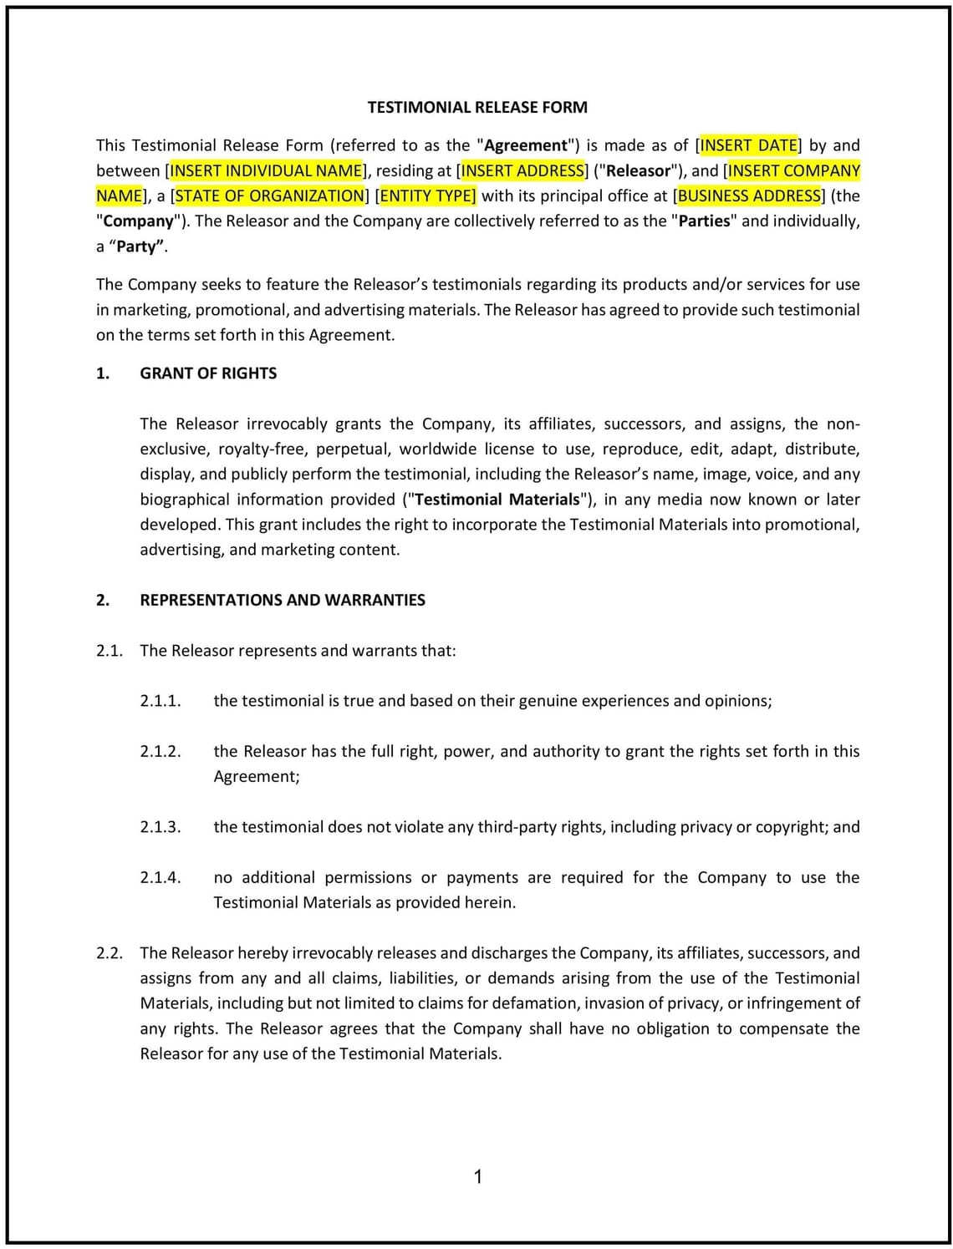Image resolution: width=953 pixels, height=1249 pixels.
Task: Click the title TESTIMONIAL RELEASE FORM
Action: (477, 107)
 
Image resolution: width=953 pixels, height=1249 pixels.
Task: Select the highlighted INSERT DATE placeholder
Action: (748, 145)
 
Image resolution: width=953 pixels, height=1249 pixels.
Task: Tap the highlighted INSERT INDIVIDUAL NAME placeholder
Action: (267, 170)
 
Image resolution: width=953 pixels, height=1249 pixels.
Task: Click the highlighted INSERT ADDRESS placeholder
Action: (522, 170)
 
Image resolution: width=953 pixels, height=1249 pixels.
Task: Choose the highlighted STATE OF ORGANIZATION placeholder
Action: (269, 195)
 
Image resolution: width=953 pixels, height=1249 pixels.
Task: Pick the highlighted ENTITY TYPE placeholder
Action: (427, 195)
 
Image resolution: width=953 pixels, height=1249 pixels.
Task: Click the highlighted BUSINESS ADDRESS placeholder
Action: (749, 195)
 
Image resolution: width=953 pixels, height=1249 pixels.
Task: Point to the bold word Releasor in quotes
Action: (639, 170)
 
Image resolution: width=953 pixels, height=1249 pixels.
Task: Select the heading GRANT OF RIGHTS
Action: (208, 373)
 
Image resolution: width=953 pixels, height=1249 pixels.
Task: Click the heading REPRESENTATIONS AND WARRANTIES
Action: (283, 600)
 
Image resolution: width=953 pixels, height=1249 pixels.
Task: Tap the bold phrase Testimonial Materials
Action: (497, 500)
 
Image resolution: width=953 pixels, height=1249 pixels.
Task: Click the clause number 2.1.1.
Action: (160, 701)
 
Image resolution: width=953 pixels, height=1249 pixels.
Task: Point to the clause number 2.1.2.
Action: (160, 751)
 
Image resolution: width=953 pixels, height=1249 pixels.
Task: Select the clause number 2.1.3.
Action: (160, 827)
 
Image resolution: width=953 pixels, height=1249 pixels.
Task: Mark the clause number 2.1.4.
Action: (160, 877)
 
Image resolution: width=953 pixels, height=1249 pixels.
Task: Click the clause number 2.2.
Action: (110, 953)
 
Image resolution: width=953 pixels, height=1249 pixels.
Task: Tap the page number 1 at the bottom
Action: (477, 1177)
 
